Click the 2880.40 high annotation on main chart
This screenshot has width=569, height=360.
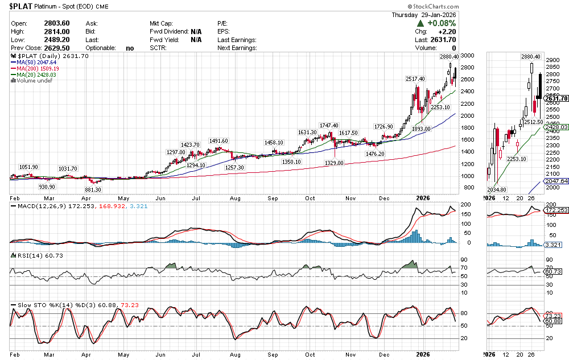pyautogui.click(x=449, y=57)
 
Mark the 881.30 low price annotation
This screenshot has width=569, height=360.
pyautogui.click(x=92, y=189)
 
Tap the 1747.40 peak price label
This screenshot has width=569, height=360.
pyautogui.click(x=328, y=126)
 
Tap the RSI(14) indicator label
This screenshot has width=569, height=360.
pyautogui.click(x=26, y=255)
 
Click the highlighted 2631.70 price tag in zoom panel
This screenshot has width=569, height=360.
pyautogui.click(x=556, y=98)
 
